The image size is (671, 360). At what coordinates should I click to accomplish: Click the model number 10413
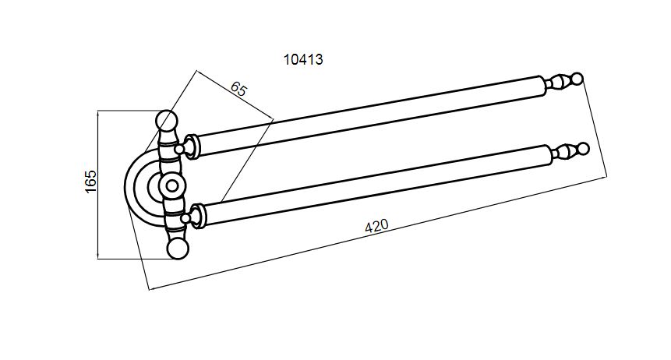[303, 59]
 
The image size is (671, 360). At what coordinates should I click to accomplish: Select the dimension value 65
[238, 89]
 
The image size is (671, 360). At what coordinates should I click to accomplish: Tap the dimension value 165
[90, 182]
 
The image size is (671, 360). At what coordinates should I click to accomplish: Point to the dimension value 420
[376, 226]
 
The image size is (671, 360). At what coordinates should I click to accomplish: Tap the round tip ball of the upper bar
[577, 79]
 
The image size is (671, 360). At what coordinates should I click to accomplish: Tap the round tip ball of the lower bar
[584, 149]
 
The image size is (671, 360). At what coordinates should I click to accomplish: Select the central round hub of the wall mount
[172, 185]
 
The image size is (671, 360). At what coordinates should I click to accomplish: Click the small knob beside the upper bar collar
[180, 149]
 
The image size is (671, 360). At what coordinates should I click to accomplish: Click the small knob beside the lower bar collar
[185, 219]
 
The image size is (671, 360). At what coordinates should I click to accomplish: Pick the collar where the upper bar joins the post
[192, 146]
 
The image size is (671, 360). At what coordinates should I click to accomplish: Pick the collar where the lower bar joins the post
[198, 217]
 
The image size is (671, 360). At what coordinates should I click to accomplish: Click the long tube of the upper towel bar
[371, 115]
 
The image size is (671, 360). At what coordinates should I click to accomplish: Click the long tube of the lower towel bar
[376, 185]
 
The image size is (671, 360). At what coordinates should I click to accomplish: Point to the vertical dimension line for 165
[98, 185]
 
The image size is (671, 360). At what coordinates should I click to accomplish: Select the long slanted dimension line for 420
[377, 233]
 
